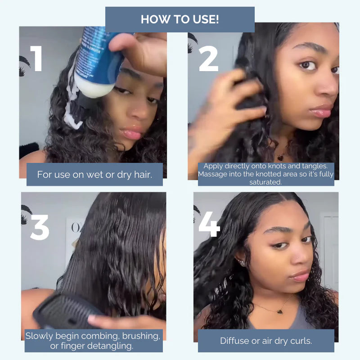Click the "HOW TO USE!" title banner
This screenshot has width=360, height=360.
pyautogui.click(x=180, y=19)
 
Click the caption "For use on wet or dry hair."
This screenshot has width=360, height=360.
pyautogui.click(x=94, y=174)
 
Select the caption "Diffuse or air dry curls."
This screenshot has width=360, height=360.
pyautogui.click(x=266, y=341)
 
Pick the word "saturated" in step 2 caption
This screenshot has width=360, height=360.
pyautogui.click(x=266, y=182)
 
